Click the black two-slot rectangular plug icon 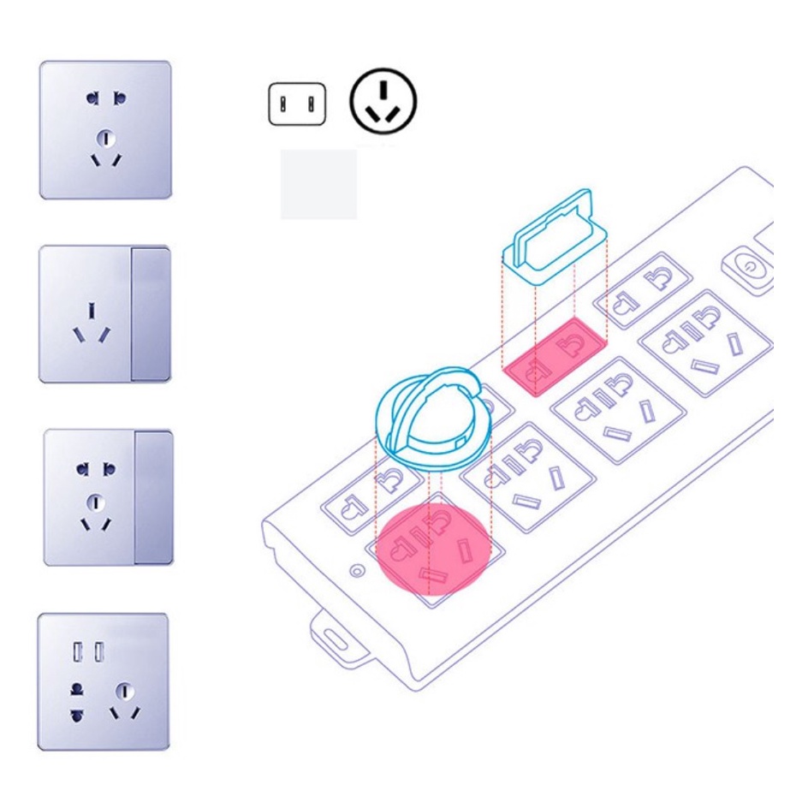297,104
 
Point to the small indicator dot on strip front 356,570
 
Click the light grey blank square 318,184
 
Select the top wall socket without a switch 105,129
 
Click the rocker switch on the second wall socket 151,313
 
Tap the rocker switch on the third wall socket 153,497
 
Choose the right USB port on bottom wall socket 100,652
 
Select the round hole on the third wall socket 96,502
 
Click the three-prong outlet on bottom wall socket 125,699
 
